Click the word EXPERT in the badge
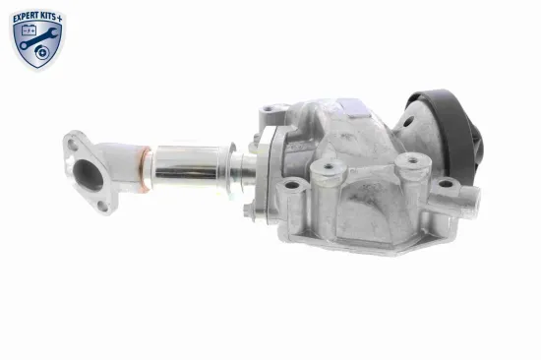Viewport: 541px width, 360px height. click(27, 18)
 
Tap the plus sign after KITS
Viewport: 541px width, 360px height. click(60, 19)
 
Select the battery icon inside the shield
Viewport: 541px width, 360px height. click(29, 30)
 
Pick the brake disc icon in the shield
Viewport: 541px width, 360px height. click(42, 52)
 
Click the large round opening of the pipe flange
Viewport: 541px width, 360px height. click(88, 176)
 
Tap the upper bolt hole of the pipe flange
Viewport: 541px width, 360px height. click(72, 144)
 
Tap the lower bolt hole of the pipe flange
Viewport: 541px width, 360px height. click(103, 207)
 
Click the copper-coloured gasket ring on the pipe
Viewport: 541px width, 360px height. click(147, 168)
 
